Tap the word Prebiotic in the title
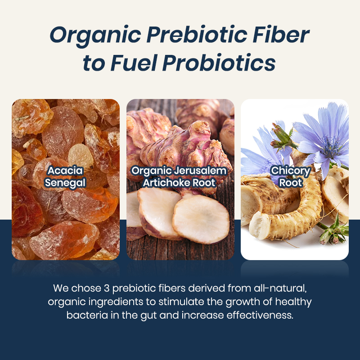[197, 35]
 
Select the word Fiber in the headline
[281, 35]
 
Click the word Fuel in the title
[134, 63]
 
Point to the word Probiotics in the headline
[219, 63]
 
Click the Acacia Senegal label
[65, 177]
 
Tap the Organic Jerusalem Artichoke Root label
[179, 177]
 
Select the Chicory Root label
[291, 177]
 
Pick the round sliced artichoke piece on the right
[201, 219]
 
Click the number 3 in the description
[107, 288]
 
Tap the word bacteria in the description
[87, 315]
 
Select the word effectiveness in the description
[260, 315]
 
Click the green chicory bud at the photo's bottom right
[333, 232]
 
